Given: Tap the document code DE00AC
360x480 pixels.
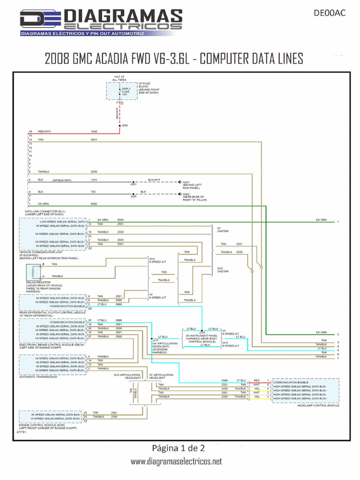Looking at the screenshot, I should click(x=329, y=13).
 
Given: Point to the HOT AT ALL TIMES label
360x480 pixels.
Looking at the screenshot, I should click(x=120, y=79).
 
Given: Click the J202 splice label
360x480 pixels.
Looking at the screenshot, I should click(x=125, y=126).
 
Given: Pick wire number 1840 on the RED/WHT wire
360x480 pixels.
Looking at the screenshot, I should click(x=94, y=132).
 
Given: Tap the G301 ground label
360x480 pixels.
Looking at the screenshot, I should click(x=186, y=182).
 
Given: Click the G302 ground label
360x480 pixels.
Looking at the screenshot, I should click(x=186, y=194).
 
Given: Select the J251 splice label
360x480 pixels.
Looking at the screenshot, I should click(x=133, y=185).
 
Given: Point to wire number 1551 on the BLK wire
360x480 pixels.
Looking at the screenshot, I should click(x=94, y=180).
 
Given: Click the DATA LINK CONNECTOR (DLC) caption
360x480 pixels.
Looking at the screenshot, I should click(x=45, y=211).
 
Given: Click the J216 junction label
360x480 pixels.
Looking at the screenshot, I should click(x=202, y=332).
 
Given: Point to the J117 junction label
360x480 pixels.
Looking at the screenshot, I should click(x=155, y=340).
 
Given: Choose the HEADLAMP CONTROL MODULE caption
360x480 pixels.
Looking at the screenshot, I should click(x=318, y=405).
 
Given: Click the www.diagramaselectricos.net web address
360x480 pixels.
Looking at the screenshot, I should click(x=176, y=462).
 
